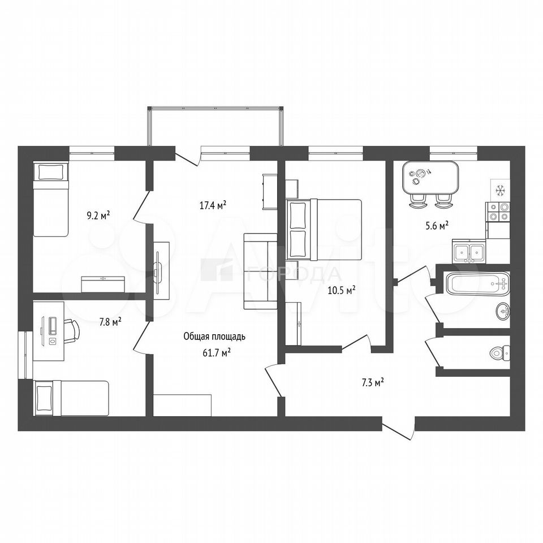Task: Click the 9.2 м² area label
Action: point(98,216)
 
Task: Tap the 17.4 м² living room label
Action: point(213,205)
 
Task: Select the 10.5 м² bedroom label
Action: point(342,290)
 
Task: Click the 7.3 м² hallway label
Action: point(373,383)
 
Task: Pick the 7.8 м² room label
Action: point(110,323)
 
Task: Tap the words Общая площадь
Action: point(214,336)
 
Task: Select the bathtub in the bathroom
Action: point(478,283)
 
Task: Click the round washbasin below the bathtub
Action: point(502,311)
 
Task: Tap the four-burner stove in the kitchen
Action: point(498,212)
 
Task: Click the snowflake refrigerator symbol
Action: point(499,190)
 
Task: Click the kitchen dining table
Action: point(431,178)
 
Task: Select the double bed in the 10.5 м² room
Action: point(324,229)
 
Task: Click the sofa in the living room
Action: point(260,271)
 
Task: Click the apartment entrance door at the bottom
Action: point(399,429)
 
